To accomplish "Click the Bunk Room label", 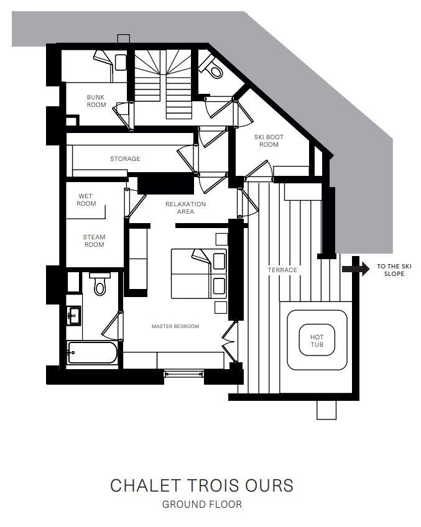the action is (x=96, y=101).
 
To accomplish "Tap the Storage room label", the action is (x=125, y=158).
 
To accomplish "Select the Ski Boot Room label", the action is (x=269, y=141).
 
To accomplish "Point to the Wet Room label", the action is (x=86, y=199).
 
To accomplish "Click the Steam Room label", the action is (x=94, y=241).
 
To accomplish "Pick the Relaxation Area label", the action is (x=185, y=208).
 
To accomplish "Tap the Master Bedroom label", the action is (x=175, y=326).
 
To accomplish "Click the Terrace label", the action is (x=282, y=270).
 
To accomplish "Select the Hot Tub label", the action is (x=317, y=341).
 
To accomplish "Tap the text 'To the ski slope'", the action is (x=394, y=270).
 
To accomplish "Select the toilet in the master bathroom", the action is (x=100, y=284).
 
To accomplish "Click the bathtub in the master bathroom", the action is (x=93, y=352).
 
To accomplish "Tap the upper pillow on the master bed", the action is (x=219, y=261).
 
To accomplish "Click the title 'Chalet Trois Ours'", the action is (x=201, y=485).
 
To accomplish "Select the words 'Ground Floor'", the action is (x=201, y=505).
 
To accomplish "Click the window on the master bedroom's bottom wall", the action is (x=184, y=373).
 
